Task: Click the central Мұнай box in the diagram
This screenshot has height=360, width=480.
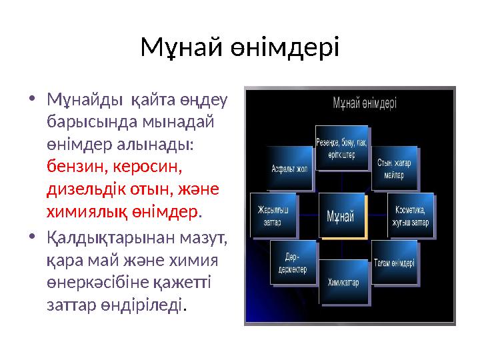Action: (343, 215)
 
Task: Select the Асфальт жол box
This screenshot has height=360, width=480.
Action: (289, 169)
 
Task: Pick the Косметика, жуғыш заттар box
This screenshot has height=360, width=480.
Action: (410, 216)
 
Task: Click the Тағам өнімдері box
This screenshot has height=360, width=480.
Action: (394, 262)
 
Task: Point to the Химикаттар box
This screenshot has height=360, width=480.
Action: (343, 282)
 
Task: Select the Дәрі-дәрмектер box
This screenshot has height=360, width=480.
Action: (291, 263)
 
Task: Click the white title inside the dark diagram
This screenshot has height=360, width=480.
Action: (365, 103)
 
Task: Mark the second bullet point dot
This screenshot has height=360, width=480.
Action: (33, 237)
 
